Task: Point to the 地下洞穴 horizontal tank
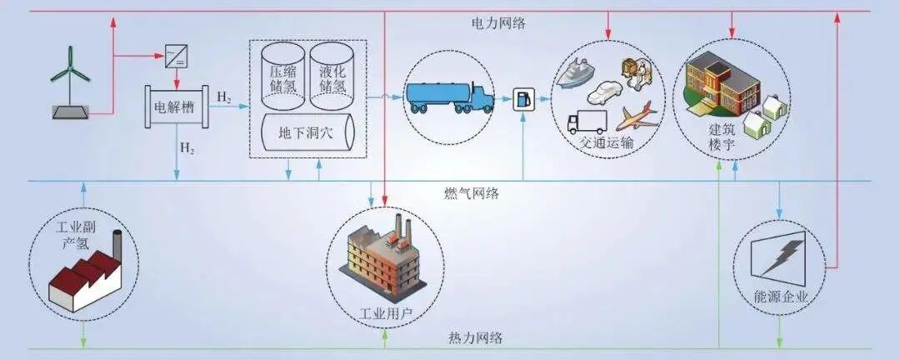307,134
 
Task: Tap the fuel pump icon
523,97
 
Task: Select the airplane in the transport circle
636,114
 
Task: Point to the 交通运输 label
607,142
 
